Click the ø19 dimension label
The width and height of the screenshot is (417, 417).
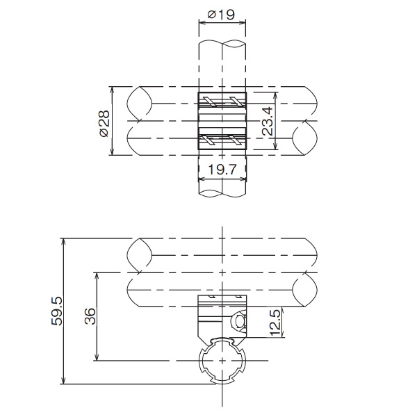coord(221,15)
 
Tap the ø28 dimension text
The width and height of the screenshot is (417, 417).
coord(104,123)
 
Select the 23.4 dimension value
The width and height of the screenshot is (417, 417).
coord(268,121)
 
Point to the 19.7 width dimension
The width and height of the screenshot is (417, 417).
coord(222,170)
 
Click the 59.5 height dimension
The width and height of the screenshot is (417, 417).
coord(57,311)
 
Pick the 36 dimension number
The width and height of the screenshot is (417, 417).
coord(90,316)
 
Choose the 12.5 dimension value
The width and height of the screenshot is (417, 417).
coord(275,322)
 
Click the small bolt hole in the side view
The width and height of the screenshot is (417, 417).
coord(240,322)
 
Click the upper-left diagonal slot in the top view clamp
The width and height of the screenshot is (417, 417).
coord(210,101)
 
